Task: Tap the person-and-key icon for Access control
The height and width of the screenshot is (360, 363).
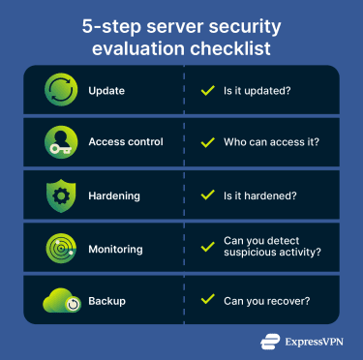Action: click(x=62, y=142)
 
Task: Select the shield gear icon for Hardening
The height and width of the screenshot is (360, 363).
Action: click(x=62, y=195)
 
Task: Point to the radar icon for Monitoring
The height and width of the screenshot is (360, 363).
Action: click(x=62, y=249)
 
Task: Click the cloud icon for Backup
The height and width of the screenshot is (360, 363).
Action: click(x=62, y=301)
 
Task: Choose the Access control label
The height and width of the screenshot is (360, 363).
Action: click(x=126, y=142)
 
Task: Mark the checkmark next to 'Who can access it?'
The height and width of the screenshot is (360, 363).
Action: click(x=206, y=142)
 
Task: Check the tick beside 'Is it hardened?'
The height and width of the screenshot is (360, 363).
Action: click(x=206, y=195)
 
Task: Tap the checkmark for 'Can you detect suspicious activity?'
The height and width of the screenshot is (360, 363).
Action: click(x=206, y=249)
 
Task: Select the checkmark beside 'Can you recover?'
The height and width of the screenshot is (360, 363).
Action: click(x=206, y=301)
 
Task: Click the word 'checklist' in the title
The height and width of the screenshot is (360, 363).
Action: click(x=227, y=46)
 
